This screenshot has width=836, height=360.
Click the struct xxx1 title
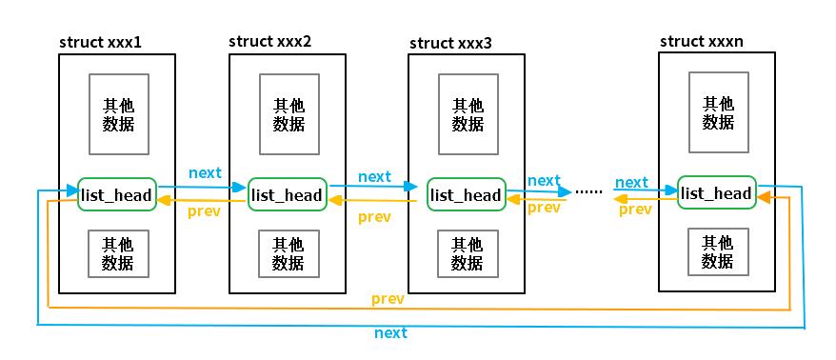pos(101,42)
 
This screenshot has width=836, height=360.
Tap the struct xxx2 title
pos(269,42)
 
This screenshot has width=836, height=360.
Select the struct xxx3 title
pos(451,43)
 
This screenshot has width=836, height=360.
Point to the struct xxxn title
pos(702,41)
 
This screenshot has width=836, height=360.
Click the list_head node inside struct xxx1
pos(116,195)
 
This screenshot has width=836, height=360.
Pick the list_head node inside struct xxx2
pos(287,194)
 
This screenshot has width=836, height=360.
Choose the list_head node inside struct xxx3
pos(466,195)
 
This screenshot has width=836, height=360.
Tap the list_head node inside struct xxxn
pos(717,193)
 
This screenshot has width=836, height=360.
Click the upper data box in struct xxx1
pos(119,114)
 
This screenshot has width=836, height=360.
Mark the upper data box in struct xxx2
pos(289,114)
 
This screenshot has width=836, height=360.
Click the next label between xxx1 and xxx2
pos(205,173)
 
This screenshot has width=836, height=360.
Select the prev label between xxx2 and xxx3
pos(374,217)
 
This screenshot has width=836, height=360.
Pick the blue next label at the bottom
pos(390,332)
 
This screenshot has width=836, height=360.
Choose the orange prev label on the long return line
pos(388,299)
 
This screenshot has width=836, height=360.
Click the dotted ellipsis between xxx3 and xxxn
pos(589,191)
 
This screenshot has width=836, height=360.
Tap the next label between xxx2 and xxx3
pos(374,176)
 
